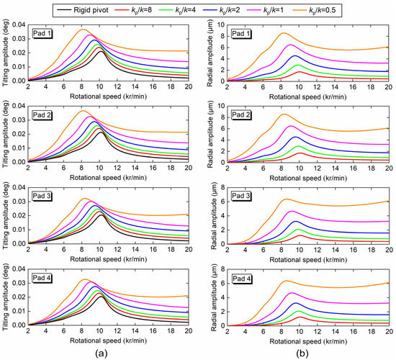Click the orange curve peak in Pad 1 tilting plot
[x=84, y=30]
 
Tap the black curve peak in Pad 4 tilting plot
[x=100, y=295]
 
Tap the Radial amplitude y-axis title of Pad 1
[x=210, y=53]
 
